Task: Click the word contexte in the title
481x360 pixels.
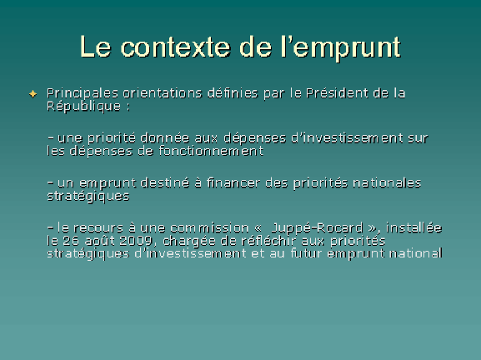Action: [x=175, y=47]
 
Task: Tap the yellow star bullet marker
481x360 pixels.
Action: [x=33, y=94]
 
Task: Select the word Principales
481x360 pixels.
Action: [x=83, y=94]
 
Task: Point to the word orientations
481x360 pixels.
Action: [x=163, y=93]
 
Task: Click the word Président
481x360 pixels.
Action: [x=337, y=92]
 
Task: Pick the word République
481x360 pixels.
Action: [x=83, y=107]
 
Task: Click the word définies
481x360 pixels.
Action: [x=233, y=92]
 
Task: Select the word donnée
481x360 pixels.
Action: [x=165, y=137]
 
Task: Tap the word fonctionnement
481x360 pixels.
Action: [x=211, y=151]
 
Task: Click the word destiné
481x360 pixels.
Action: [x=165, y=182]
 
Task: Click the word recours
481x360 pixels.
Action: [x=98, y=227]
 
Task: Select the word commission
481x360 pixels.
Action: [x=209, y=227]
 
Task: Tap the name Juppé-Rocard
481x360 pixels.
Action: [x=317, y=228]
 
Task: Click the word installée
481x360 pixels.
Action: [x=413, y=227]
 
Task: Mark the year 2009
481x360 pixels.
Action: [x=136, y=241]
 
